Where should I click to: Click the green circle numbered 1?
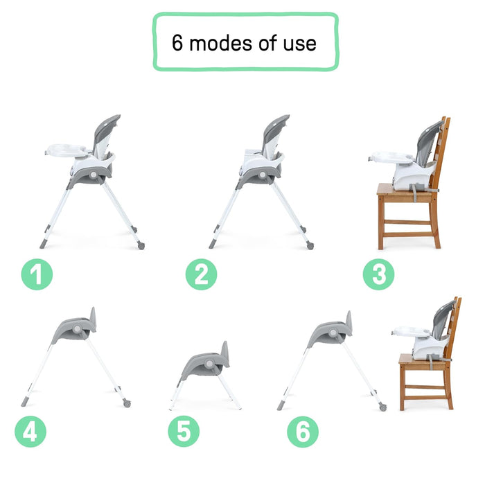37,275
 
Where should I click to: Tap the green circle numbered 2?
201,275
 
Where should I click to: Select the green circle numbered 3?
378,275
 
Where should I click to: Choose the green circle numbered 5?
184,432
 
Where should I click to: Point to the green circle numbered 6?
303,432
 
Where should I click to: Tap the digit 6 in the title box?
178,43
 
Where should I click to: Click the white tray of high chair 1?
67,150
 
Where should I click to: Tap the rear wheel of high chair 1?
141,245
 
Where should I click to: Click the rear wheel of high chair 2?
310,245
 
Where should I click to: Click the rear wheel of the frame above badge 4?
127,403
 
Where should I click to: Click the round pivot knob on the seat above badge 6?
333,333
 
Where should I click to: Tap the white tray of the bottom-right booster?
411,330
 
